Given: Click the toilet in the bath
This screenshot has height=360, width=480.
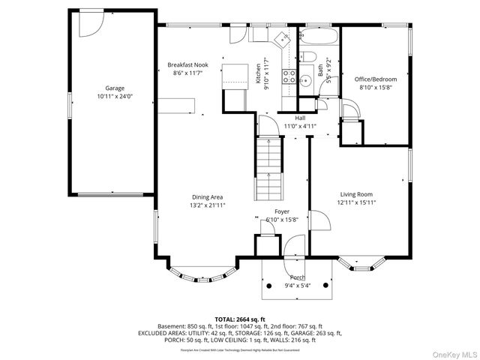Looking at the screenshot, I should [309, 59].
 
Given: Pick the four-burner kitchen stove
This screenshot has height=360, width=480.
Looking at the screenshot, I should [288, 74].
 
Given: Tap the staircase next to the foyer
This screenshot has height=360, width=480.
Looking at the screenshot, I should [268, 169].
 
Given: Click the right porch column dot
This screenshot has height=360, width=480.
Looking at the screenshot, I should [326, 286].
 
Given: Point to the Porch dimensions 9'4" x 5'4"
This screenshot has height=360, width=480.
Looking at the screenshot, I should [297, 286].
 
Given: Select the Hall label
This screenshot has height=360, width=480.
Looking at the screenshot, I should [300, 118].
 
